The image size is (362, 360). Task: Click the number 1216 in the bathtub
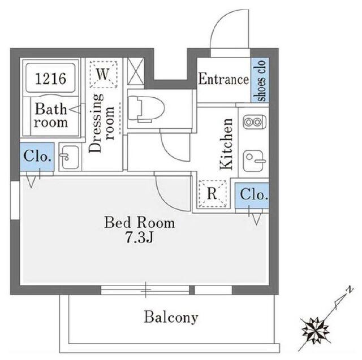coord(51,79)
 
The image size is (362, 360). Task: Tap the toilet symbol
coord(146,109)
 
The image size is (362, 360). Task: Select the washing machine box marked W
coord(103,75)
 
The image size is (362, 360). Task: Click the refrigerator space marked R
coord(212,194)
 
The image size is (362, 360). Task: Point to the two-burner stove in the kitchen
coord(255,122)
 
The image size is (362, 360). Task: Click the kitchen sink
coord(255,161)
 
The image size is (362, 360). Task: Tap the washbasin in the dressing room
coord(70,157)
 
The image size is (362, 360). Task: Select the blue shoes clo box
coord(260,80)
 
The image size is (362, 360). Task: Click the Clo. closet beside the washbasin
coord(37,157)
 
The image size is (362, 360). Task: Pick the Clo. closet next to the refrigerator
coord(252,196)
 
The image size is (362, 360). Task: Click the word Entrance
coord(223,79)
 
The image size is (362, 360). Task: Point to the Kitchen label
coord(226,144)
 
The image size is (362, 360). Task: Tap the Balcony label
coord(171,318)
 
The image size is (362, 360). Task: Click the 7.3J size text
coord(139,237)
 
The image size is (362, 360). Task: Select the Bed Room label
coord(140,223)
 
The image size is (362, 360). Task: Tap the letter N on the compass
coord(351,289)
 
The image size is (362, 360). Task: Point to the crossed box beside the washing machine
coord(136,71)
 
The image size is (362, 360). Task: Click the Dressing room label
coord(102,123)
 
